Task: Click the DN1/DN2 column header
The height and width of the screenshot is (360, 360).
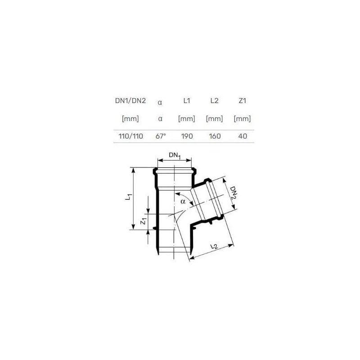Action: (x=130, y=100)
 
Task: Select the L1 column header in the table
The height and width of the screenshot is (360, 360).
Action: (x=187, y=100)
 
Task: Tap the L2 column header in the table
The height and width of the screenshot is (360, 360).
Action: (x=215, y=100)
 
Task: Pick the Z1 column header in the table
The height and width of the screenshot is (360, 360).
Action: (x=242, y=100)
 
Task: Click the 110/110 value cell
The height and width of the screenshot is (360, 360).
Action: (x=130, y=136)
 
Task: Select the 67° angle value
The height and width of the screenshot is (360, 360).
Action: (x=161, y=136)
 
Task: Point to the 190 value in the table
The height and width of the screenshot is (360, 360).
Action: (x=187, y=136)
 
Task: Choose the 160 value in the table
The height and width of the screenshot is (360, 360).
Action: (x=215, y=136)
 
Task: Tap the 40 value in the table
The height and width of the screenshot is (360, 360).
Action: (x=243, y=136)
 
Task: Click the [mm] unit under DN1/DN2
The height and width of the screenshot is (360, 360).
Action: (x=130, y=119)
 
